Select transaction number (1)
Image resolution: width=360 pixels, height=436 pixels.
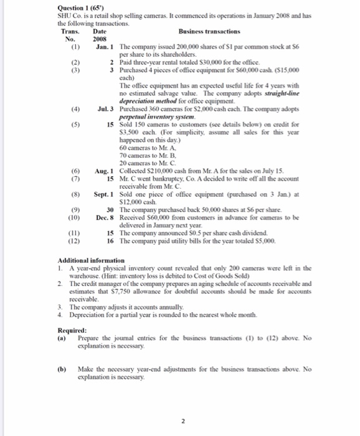[x=76, y=47]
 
